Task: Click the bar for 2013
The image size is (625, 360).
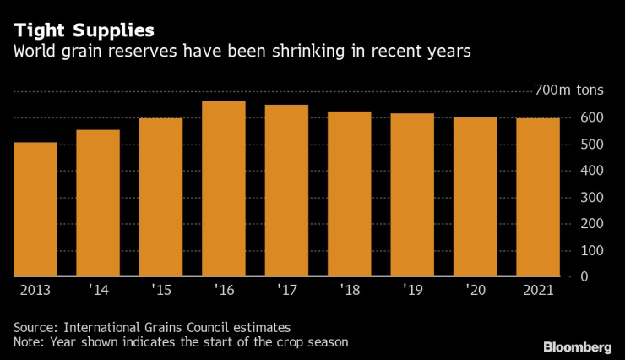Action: pos(35,210)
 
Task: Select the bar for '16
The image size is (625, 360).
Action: pos(224,188)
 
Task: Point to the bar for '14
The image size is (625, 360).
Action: pos(98,204)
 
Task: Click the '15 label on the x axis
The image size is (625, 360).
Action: pos(160,291)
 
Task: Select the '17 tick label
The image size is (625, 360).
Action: pos(286,291)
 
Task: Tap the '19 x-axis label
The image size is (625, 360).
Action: pos(412,291)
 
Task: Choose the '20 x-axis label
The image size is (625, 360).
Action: pos(475,291)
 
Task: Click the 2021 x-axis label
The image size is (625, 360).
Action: pos(538,291)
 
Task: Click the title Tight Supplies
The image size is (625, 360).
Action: pos(84,30)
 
